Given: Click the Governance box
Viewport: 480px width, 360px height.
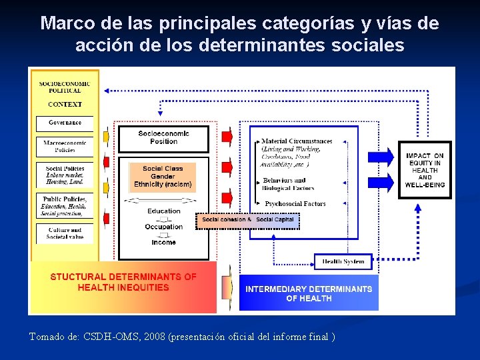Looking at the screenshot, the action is [x=65, y=123].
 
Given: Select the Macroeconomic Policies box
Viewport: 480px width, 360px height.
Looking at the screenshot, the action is [x=65, y=147].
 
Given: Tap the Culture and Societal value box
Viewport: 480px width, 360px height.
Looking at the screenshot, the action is [x=65, y=233].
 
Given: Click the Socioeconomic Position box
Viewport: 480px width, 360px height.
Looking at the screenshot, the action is [x=163, y=137].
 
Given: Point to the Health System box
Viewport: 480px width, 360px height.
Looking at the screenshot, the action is [x=343, y=261].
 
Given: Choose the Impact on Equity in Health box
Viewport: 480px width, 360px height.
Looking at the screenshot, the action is [x=425, y=170].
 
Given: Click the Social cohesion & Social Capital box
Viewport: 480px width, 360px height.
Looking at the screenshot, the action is [x=248, y=220].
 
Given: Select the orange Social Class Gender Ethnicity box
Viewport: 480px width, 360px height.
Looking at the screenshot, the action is [x=163, y=176].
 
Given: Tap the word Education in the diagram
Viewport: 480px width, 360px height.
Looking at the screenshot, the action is [x=164, y=211].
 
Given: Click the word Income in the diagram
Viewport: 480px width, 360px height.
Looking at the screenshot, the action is [x=163, y=243].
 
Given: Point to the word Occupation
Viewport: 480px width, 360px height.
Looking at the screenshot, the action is [x=163, y=227].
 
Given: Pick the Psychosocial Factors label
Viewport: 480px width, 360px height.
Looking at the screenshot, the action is [x=295, y=203].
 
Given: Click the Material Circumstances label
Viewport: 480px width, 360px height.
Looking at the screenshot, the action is [x=297, y=141].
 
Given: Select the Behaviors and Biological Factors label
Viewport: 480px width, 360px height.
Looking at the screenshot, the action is [x=288, y=184].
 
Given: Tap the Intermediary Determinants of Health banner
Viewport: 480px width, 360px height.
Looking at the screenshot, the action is [x=309, y=293].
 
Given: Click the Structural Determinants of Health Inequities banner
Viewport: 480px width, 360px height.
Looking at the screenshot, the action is [x=123, y=282].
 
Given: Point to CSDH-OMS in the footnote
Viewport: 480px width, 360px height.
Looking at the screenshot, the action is [x=109, y=337].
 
